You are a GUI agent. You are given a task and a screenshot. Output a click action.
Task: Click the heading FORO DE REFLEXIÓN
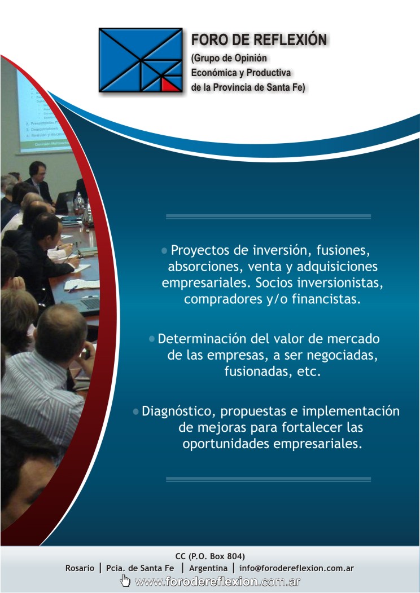coord(259,39)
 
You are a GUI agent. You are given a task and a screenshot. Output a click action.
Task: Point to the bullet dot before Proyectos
coord(164,250)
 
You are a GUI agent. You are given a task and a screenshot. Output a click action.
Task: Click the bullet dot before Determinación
coord(152,338)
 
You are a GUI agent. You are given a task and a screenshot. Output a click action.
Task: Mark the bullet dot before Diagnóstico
coord(136,411)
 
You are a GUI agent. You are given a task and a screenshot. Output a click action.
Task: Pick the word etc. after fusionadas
coord(309,371)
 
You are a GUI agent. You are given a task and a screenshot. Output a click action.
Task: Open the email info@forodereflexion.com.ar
coord(296,568)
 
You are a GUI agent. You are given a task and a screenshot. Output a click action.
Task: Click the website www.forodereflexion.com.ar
coord(218,582)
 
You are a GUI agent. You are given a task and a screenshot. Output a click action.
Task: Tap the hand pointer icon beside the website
coord(125,581)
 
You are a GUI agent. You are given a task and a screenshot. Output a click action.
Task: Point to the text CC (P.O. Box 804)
coord(210,556)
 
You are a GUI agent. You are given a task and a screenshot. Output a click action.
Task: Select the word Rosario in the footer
coord(80,568)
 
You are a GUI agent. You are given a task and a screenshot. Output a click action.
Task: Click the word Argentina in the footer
coord(208,568)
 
